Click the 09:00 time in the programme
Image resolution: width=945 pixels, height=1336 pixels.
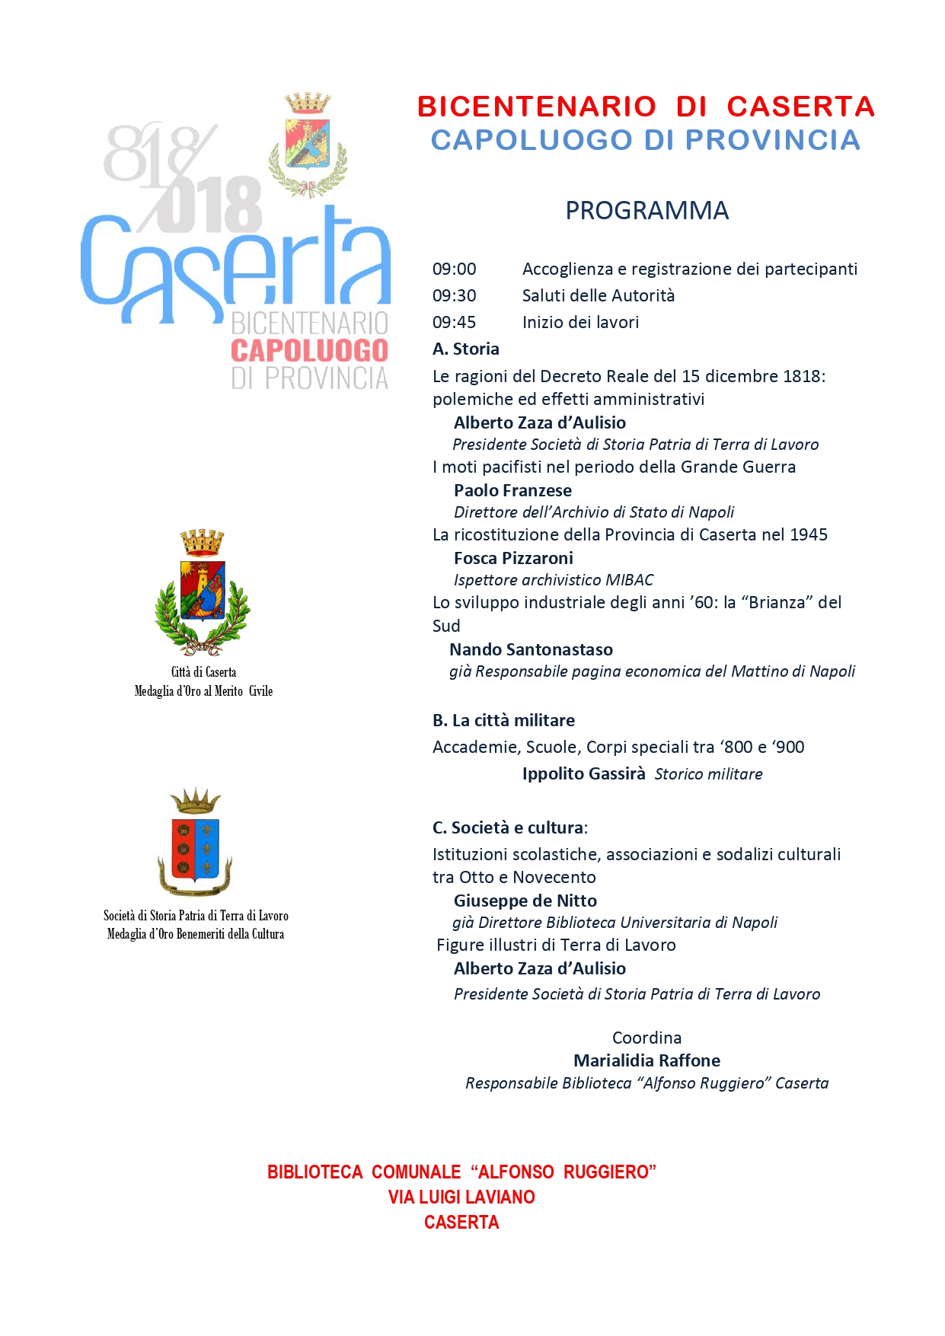(454, 269)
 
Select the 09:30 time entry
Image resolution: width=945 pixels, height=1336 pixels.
(454, 296)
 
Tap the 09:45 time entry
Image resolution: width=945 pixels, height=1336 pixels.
(454, 323)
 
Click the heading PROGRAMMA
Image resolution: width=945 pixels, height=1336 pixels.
(646, 211)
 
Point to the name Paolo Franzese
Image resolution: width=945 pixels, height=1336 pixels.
(512, 491)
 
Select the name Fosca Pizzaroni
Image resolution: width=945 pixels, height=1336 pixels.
(513, 559)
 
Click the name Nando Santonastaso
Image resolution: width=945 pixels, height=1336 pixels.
(531, 650)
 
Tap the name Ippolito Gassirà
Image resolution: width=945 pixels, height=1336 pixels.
(583, 774)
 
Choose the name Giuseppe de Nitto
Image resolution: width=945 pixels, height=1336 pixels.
(525, 901)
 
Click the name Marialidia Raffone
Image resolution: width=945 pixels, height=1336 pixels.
(646, 1061)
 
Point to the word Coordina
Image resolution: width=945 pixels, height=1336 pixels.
(646, 1038)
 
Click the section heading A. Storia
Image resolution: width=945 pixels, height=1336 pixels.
(466, 349)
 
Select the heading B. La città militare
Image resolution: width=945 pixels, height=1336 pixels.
(503, 721)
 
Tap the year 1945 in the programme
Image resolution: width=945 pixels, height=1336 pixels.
(809, 535)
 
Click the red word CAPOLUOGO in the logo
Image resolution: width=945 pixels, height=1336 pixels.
(309, 351)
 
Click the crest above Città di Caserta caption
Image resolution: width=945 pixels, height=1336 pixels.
(203, 593)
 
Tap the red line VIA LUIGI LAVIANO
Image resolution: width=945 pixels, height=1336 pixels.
(461, 1197)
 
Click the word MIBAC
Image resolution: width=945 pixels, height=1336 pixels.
(629, 580)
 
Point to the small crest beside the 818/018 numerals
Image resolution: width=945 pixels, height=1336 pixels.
(308, 145)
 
